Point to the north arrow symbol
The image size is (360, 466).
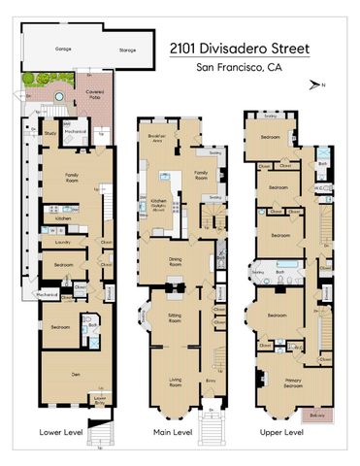pyautogui.click(x=315, y=85)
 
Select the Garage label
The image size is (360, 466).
pyautogui.click(x=64, y=48)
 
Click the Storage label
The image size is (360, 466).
pyautogui.click(x=126, y=48)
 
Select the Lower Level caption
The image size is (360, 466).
pyautogui.click(x=57, y=432)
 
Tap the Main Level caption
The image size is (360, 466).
pyautogui.click(x=173, y=432)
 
